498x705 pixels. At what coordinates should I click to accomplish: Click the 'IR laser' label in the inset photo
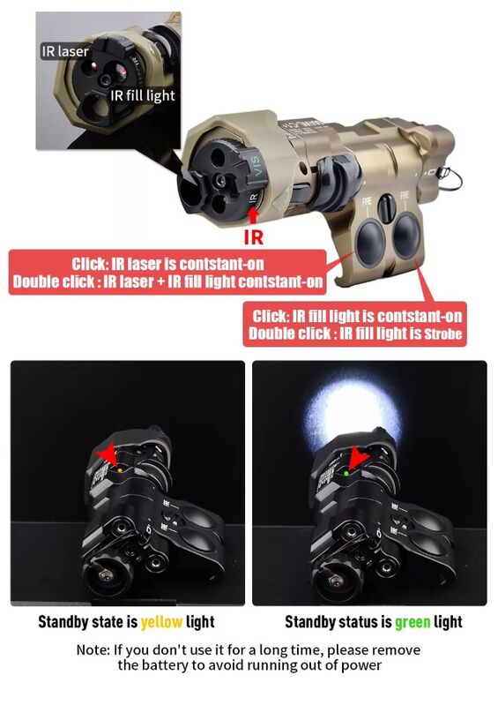point(65,52)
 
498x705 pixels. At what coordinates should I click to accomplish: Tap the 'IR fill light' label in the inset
point(143,95)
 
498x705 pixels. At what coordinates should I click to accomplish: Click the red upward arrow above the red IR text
point(253,217)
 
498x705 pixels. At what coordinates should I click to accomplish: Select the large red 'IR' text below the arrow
point(253,237)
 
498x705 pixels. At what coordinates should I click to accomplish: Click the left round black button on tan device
point(370,243)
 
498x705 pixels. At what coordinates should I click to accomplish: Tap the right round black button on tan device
point(406,236)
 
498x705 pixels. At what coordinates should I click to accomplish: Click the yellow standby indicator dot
point(120,470)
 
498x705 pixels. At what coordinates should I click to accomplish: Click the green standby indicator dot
point(346,474)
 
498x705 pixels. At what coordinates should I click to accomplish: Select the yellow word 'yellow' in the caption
point(161,622)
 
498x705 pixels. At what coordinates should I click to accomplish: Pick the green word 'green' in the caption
point(413,622)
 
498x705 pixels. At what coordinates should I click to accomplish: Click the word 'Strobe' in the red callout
point(442,334)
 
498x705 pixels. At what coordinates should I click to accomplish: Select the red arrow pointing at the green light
point(358,458)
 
